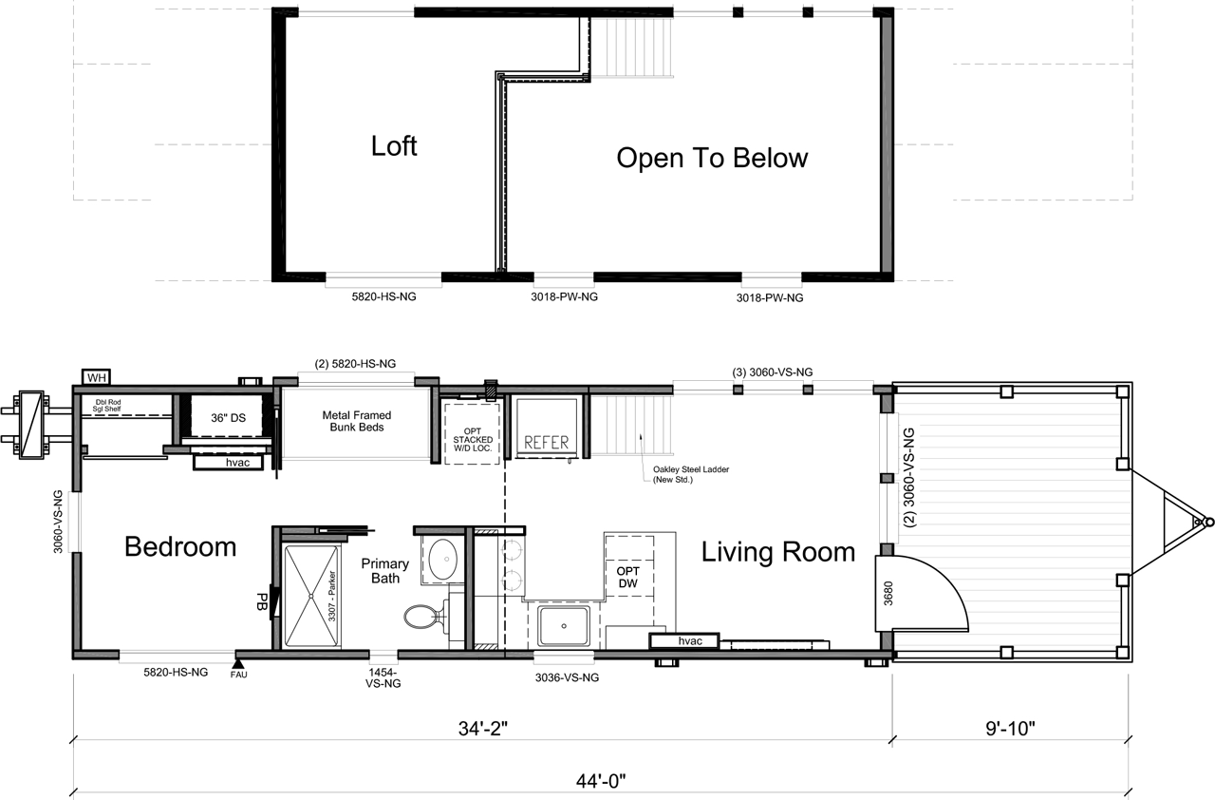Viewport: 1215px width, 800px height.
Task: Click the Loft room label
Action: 394,146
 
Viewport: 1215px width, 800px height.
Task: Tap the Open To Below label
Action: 712,158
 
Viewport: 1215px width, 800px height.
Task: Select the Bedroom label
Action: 180,546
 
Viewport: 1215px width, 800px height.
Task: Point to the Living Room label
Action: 778,552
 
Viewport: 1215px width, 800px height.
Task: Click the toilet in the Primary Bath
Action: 426,617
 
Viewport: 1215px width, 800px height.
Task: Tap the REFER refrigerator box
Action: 546,429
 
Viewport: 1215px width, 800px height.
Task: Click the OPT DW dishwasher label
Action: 628,578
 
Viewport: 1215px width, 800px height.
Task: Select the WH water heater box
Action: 97,377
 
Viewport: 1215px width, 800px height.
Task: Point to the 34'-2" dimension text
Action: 483,729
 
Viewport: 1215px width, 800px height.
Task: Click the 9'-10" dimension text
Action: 1011,729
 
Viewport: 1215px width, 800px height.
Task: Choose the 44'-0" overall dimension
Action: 601,781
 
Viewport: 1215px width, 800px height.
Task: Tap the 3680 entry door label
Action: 888,593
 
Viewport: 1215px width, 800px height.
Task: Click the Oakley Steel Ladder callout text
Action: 690,474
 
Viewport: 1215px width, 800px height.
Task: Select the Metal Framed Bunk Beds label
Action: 356,421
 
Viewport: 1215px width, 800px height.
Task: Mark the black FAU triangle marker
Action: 237,664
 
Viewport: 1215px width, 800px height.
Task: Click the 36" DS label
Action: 229,418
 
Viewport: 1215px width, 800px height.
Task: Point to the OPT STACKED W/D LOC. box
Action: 473,433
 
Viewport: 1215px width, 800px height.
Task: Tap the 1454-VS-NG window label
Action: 383,677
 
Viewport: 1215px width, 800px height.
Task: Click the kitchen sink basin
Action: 564,626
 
